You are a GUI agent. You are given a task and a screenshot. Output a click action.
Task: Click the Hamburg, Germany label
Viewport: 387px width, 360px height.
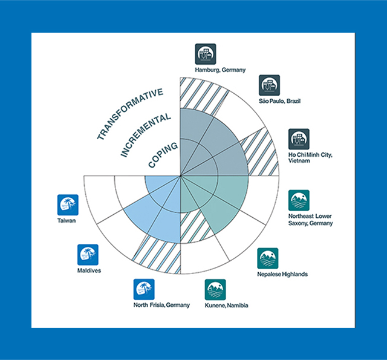[x=220, y=70]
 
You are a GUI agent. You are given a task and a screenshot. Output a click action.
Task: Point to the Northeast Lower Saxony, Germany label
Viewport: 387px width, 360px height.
[x=311, y=219]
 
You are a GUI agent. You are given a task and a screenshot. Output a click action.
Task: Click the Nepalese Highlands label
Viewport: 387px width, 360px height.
[x=282, y=274]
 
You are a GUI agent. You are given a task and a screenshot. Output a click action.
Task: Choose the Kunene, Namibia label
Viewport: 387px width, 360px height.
[x=227, y=306]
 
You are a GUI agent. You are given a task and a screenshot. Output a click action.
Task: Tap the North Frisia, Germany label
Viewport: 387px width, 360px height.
[x=161, y=304]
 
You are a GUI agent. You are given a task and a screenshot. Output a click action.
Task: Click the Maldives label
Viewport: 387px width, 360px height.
[x=89, y=270]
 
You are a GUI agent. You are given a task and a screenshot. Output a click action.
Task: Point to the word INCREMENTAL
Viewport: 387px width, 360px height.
[x=143, y=134]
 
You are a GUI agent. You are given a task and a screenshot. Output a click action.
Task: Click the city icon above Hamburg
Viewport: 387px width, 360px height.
[x=206, y=54]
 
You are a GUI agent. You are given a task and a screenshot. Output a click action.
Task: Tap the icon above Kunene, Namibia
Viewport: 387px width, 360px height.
[x=215, y=290]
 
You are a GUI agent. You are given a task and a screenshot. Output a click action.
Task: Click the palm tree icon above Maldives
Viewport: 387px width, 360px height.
[x=88, y=255]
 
